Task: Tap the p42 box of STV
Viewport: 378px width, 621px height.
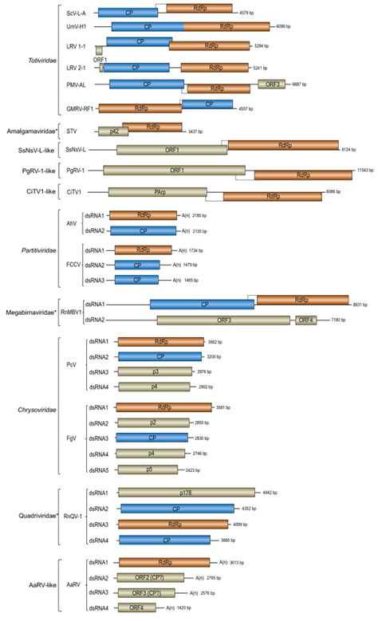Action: (112, 131)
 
